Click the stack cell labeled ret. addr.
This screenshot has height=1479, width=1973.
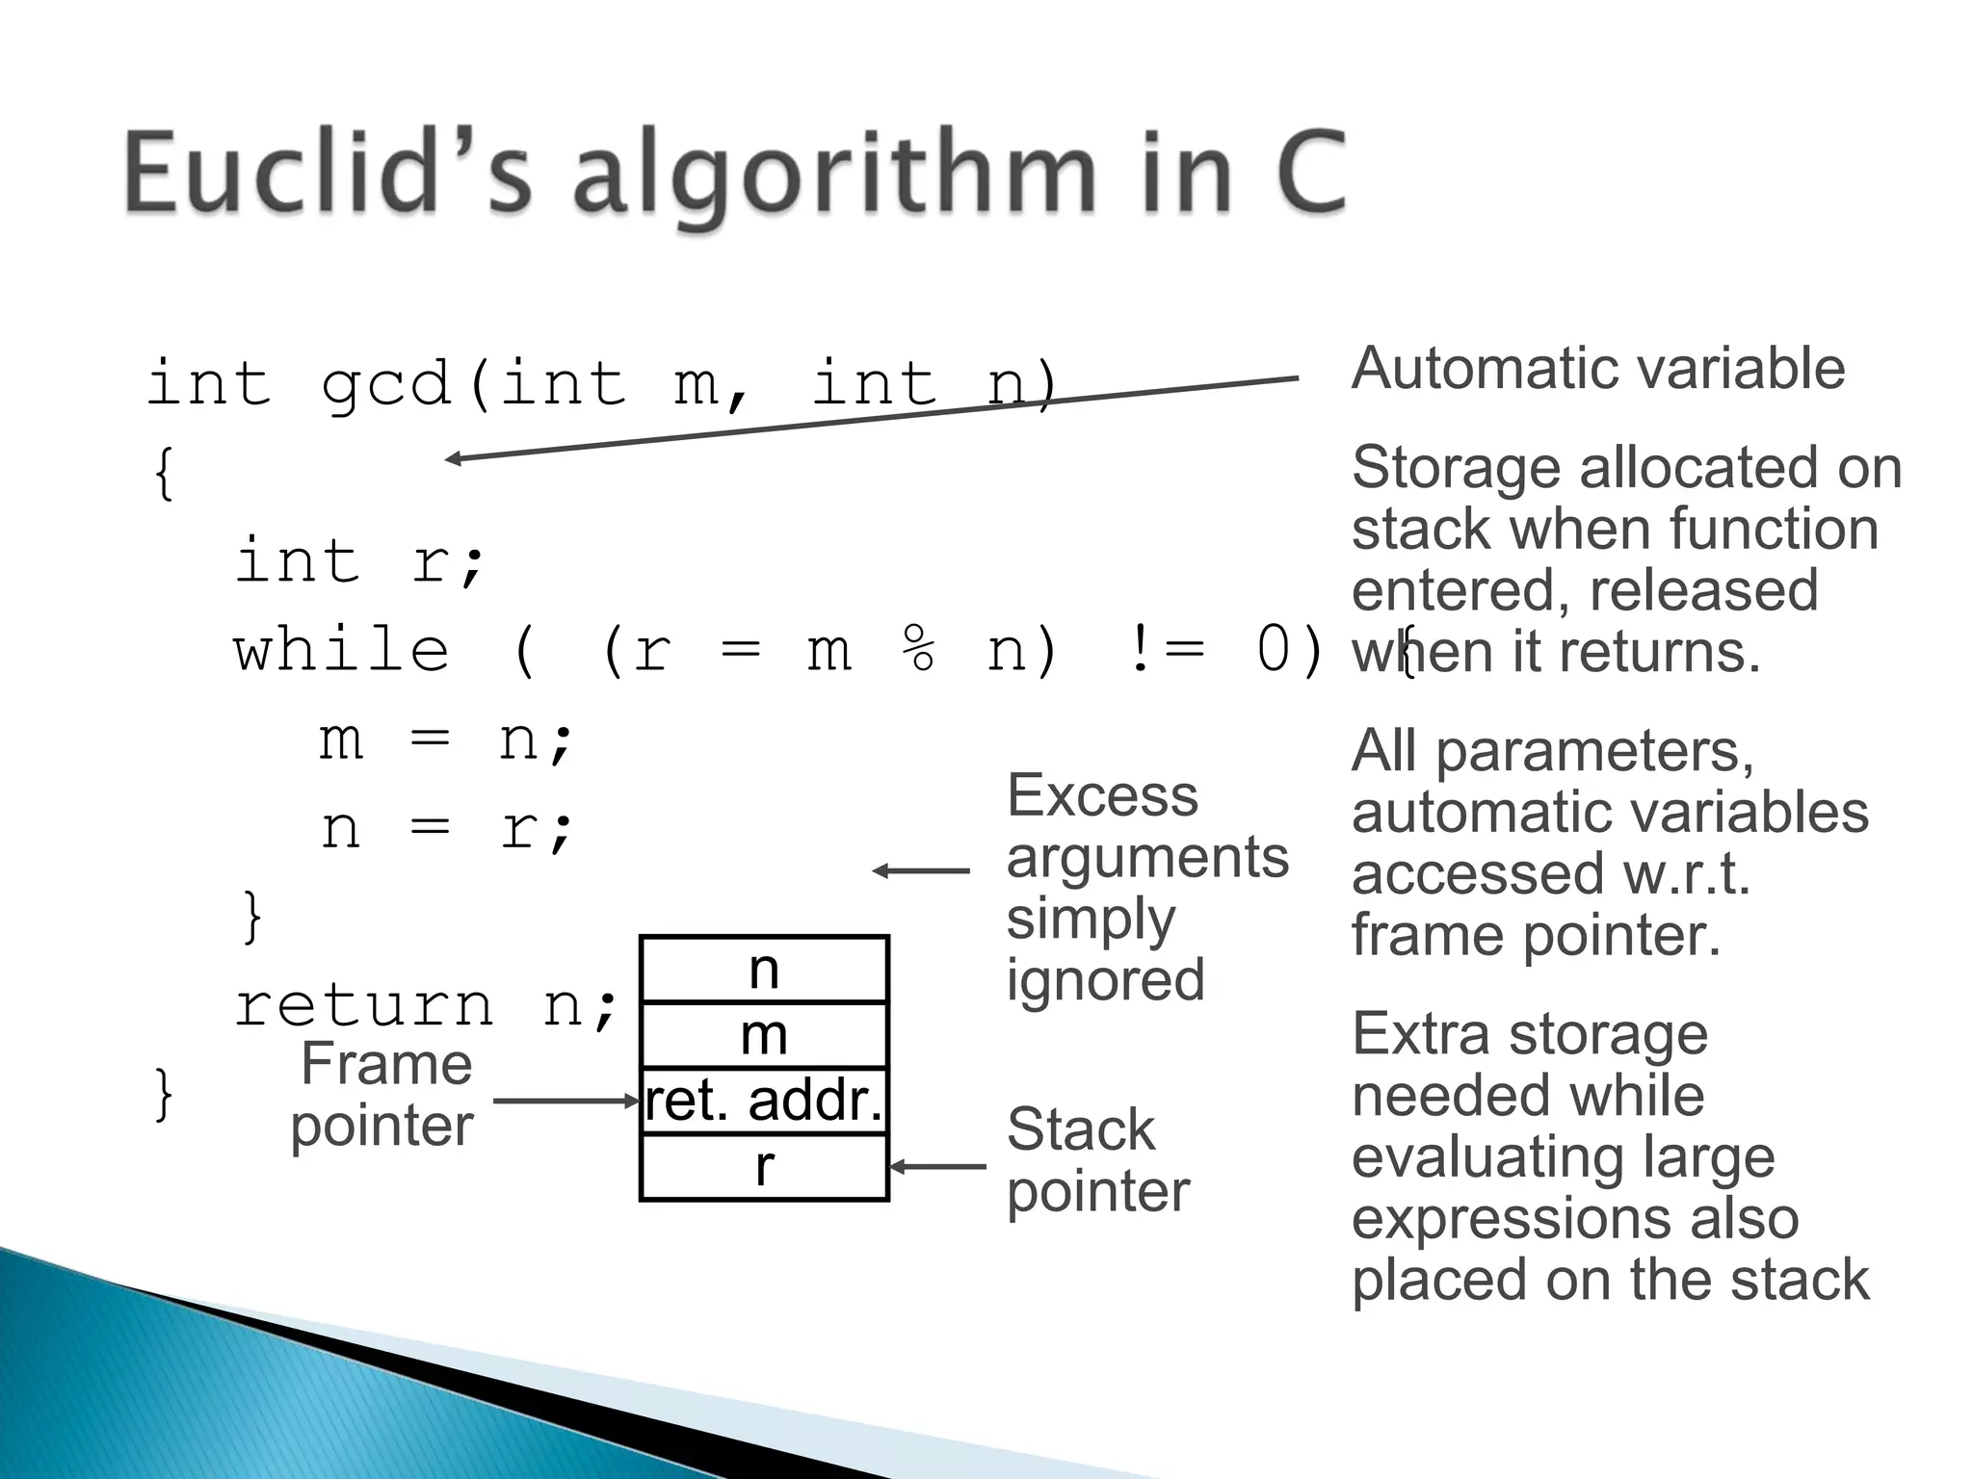tap(764, 1101)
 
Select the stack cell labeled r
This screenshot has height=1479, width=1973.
tap(764, 1167)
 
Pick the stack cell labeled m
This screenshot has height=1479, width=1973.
tap(764, 1036)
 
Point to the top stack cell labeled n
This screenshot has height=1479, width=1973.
tap(764, 970)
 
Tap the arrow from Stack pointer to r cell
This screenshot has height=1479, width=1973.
tap(937, 1167)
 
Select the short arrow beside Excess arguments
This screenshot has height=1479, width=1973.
tap(920, 871)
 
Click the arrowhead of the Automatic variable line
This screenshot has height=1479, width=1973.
tap(453, 459)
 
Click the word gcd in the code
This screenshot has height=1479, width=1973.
tap(385, 383)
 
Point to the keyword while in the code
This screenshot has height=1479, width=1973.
tap(342, 650)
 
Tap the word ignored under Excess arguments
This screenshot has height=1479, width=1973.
tap(1105, 980)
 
